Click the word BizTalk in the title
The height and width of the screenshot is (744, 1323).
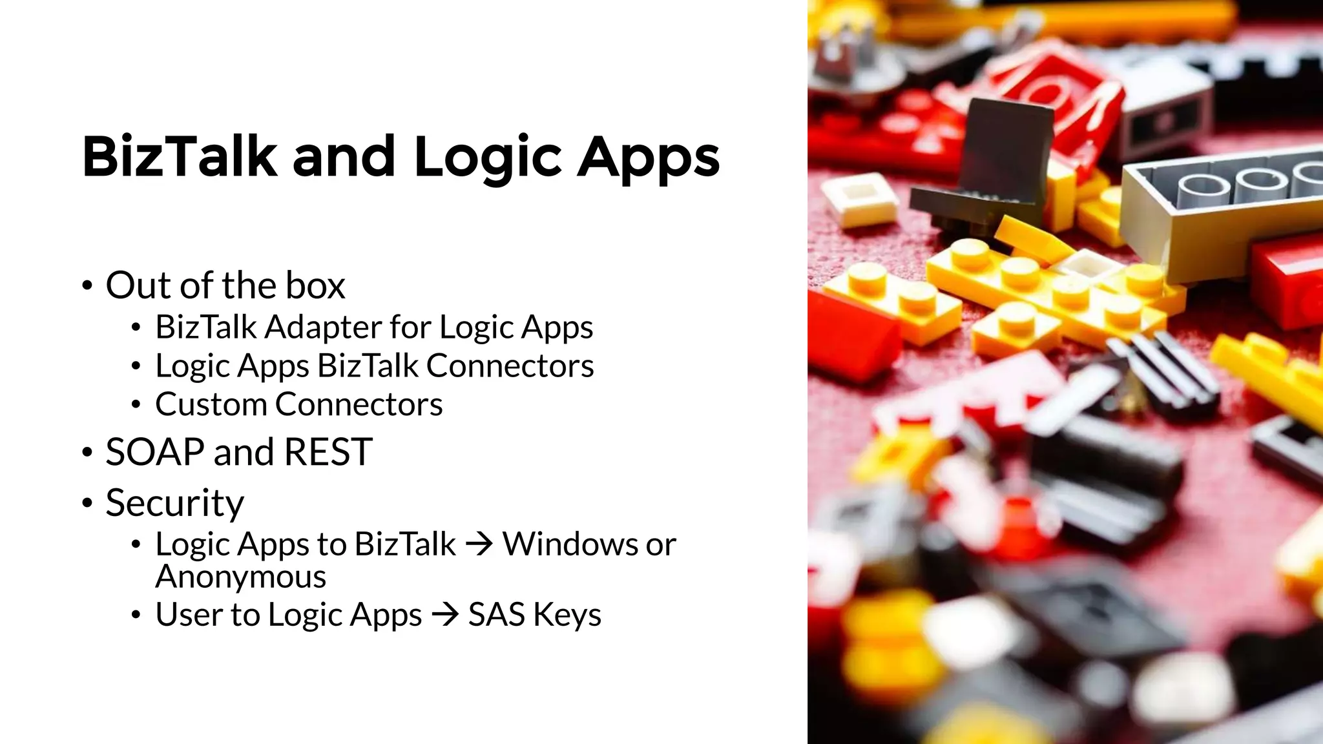pos(180,156)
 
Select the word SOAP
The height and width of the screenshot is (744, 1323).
pos(154,452)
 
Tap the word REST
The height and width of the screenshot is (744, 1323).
pos(328,452)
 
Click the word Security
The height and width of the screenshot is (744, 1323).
pos(175,504)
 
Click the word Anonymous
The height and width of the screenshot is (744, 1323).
pos(241,577)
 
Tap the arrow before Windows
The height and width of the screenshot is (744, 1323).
pos(479,544)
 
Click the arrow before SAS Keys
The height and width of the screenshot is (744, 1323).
pos(445,614)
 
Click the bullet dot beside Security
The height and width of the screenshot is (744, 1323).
pos(87,504)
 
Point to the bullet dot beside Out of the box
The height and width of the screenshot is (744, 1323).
pos(87,286)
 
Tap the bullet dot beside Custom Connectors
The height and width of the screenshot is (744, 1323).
pos(136,405)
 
